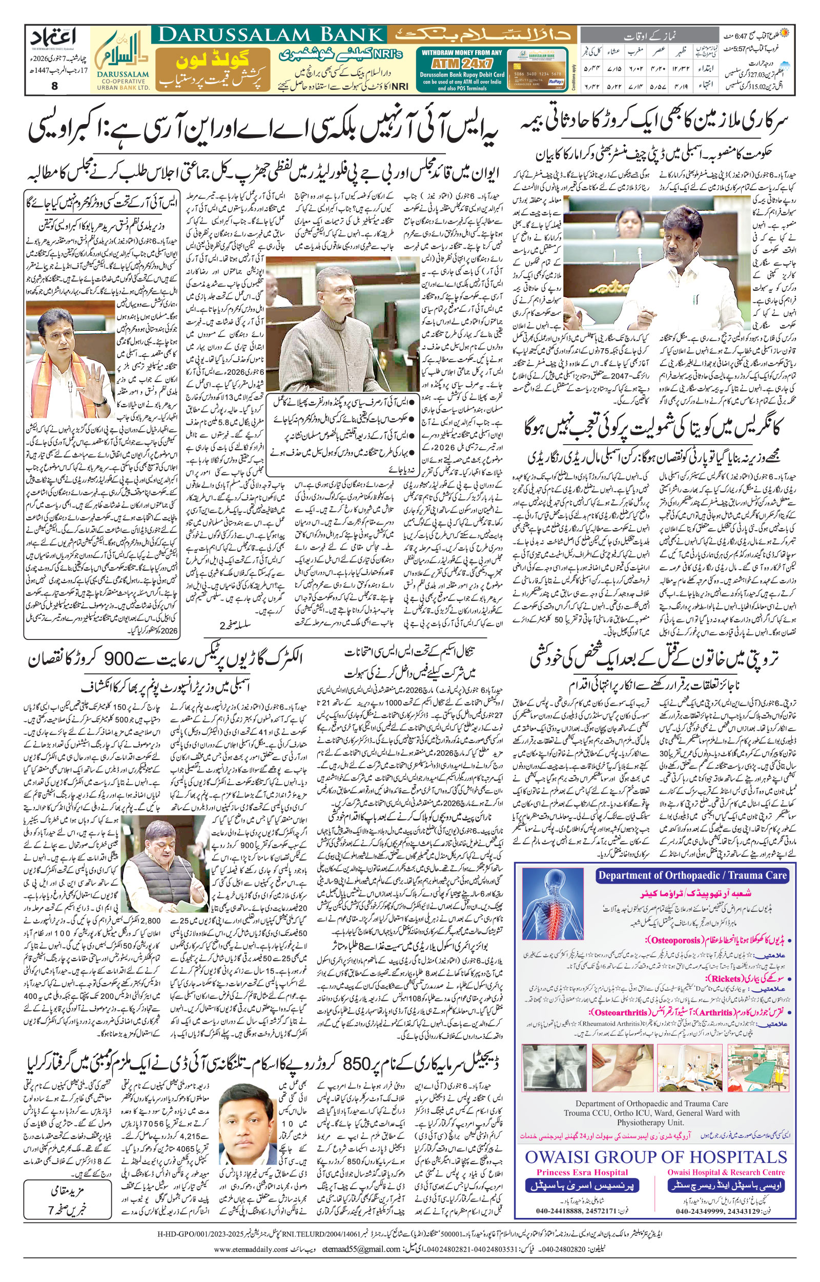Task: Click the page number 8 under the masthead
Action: click(55, 86)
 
